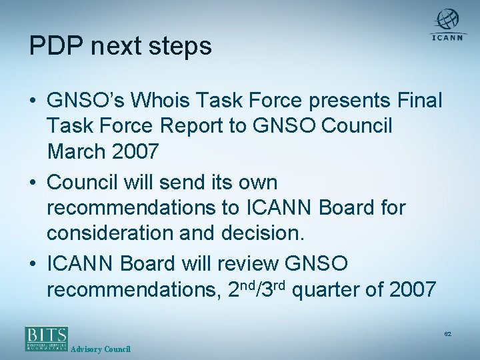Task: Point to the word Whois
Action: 157,101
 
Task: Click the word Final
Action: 419,101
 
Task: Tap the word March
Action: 76,152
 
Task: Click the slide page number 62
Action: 447,333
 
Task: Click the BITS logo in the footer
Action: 46,338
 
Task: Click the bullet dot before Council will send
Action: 33,183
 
